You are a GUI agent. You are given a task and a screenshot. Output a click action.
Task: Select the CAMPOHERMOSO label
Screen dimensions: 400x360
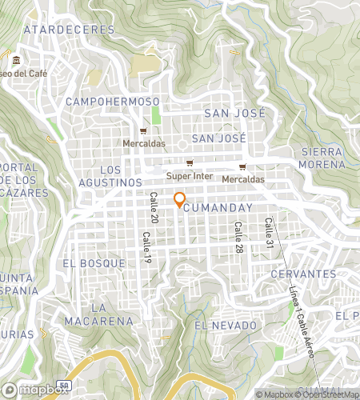(x=113, y=102)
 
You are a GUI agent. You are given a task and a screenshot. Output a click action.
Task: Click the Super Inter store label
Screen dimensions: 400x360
(x=186, y=175)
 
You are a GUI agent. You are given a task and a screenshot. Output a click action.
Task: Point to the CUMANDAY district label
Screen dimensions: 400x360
(x=218, y=207)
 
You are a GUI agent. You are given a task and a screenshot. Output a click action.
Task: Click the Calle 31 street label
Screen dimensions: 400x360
(x=269, y=230)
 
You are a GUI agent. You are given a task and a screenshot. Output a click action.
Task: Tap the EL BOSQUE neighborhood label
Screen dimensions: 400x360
(x=93, y=262)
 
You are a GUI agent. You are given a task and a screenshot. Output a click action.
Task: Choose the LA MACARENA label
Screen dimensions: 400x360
(x=111, y=314)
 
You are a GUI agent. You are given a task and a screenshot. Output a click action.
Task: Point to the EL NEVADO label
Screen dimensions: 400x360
(x=226, y=326)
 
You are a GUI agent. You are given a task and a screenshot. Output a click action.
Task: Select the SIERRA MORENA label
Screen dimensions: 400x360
(x=323, y=158)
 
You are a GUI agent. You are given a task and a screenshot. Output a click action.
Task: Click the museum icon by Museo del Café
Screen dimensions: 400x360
(x=17, y=60)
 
